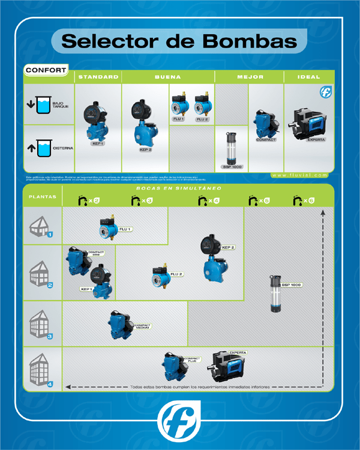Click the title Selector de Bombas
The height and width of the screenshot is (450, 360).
179,41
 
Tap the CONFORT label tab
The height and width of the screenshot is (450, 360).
46,70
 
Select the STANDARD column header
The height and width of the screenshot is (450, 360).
98,77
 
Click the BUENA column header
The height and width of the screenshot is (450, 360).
168,77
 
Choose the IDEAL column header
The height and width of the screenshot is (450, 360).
309,77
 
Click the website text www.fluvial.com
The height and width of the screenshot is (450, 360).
300,175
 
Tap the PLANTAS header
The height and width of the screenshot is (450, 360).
43,196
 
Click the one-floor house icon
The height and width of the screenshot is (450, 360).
42,227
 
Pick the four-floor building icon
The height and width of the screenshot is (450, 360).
42,369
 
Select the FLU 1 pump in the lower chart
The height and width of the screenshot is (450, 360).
111,227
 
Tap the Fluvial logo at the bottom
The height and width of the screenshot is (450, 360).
179,420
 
